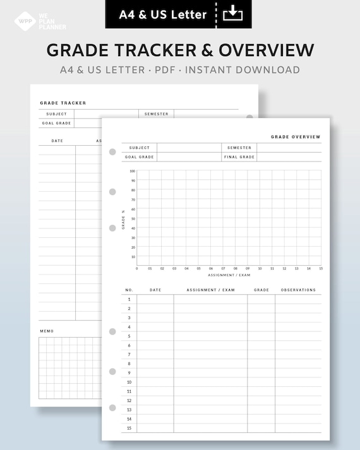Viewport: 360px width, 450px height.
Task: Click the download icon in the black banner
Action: (233, 13)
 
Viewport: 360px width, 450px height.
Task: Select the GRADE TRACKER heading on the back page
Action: (63, 103)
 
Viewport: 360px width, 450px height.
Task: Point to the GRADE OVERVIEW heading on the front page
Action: (296, 137)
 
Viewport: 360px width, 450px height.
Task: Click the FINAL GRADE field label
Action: (239, 157)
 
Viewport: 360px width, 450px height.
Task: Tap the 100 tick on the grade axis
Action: (133, 171)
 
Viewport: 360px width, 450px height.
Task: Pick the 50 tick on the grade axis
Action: (133, 218)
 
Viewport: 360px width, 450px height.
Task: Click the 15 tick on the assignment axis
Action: (321, 269)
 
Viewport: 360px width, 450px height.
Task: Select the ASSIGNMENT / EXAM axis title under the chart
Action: (224, 275)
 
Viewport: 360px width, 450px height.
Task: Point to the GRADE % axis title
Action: (124, 218)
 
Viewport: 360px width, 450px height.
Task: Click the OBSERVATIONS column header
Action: (298, 290)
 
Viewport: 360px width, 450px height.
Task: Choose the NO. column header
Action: (129, 290)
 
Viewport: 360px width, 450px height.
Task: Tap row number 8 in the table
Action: (129, 364)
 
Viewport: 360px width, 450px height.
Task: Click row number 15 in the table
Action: (129, 428)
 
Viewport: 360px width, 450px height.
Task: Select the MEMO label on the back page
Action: (47, 331)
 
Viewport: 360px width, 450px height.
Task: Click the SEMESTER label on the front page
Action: (239, 148)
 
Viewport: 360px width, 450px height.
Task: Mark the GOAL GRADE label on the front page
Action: (139, 157)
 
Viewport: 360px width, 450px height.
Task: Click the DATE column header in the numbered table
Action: (155, 290)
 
